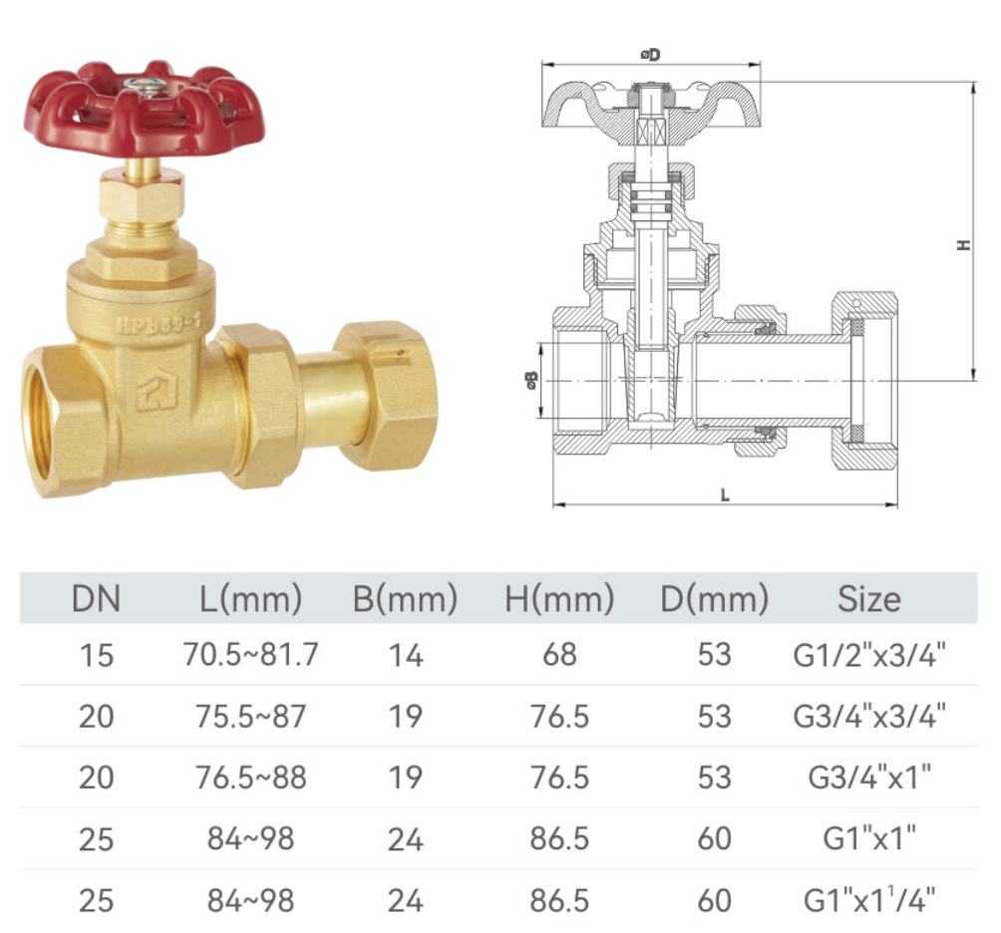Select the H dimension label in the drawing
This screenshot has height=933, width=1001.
(x=963, y=243)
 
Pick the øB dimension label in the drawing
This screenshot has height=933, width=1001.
(x=531, y=380)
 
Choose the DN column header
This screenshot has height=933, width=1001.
(x=97, y=599)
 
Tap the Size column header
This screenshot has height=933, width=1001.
(x=868, y=599)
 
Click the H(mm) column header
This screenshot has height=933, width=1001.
(x=559, y=599)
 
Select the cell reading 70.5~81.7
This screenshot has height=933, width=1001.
(x=250, y=655)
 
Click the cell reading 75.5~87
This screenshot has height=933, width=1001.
(x=250, y=717)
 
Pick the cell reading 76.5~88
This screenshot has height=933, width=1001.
(x=250, y=777)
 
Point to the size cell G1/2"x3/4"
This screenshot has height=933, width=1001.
(x=868, y=655)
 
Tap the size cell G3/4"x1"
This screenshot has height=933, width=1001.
(x=868, y=777)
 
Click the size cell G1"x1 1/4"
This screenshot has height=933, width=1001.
(x=868, y=900)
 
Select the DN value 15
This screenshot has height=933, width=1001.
(x=97, y=655)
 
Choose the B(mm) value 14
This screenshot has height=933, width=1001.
(x=405, y=655)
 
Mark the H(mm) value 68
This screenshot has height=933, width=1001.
(x=559, y=655)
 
